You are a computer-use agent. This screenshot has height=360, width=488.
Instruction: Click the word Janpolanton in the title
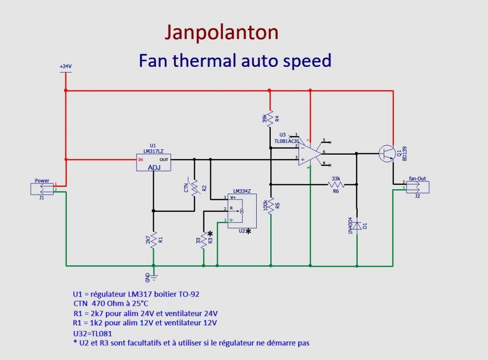[222, 33]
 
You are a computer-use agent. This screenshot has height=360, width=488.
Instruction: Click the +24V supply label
[65, 66]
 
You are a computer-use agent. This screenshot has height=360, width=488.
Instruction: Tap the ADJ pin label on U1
[153, 167]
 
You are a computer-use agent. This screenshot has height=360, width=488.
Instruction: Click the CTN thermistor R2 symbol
[194, 188]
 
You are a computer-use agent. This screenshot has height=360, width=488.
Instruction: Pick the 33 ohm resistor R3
[203, 240]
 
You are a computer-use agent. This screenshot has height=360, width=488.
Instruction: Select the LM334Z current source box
[238, 210]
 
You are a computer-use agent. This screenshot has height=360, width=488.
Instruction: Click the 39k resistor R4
[270, 119]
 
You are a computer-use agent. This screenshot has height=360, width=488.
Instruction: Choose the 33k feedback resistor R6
[337, 184]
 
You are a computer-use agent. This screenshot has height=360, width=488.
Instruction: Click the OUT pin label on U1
[164, 160]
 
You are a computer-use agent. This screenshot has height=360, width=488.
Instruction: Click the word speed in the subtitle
[306, 60]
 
